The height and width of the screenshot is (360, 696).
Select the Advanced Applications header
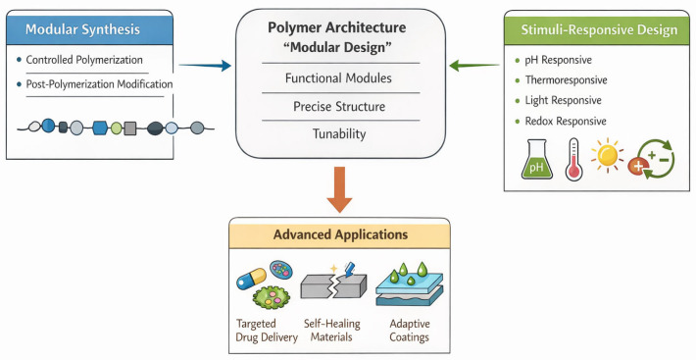coord(340,234)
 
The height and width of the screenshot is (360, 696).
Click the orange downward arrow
coord(339,189)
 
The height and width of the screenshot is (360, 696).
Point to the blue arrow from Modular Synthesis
coord(205,66)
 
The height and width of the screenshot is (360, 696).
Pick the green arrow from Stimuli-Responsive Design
coord(474,66)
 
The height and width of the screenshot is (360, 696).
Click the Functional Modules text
coord(338,78)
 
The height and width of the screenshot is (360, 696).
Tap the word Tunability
coord(339,134)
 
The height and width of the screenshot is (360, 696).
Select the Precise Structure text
coord(339,107)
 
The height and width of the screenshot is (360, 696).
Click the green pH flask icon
coord(536,159)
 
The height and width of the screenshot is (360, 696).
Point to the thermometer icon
coord(573,159)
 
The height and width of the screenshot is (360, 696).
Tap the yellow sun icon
coord(607,155)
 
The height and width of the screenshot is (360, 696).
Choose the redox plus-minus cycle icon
coord(652,159)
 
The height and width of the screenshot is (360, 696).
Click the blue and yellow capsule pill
coord(251,279)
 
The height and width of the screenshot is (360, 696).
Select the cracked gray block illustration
coord(333,284)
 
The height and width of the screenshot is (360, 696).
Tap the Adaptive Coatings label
coord(409,331)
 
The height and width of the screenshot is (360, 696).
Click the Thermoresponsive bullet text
coord(566,79)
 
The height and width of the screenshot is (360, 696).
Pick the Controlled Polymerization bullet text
coord(84,60)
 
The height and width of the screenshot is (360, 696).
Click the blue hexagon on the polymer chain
coord(100,129)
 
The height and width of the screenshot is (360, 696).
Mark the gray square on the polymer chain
coord(129,129)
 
